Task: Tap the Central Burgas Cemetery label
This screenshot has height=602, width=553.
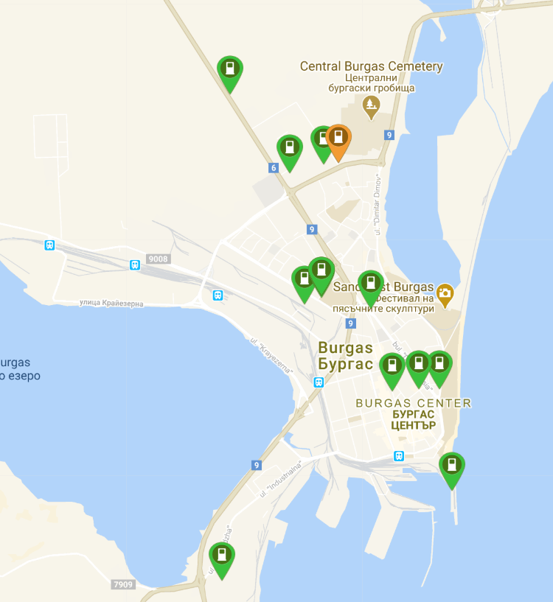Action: pos(372,66)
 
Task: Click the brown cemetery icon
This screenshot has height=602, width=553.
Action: pos(372,108)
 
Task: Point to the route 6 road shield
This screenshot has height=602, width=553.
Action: pos(274,168)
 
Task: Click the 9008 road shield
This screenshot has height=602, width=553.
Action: pos(158,259)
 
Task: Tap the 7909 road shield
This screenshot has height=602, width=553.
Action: pos(123,584)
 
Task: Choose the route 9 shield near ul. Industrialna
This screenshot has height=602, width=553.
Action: pos(257,465)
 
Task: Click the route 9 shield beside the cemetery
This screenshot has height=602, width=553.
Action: pos(389,135)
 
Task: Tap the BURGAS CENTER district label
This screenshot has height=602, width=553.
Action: pos(413,403)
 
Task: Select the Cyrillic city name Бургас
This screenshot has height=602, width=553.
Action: pos(345,364)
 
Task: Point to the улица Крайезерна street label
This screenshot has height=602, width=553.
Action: pos(111,303)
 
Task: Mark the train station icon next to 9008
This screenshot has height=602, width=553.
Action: pos(135,265)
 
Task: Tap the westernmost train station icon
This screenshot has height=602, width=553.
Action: pos(49,245)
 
